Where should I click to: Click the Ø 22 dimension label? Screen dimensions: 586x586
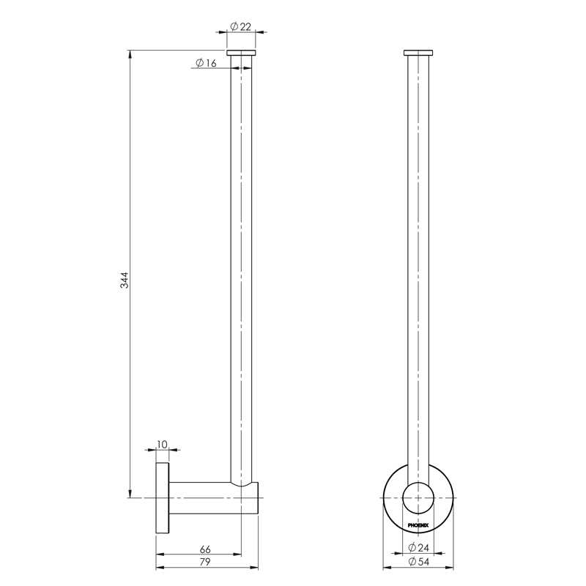click(x=240, y=26)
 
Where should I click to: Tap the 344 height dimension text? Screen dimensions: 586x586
click(x=125, y=280)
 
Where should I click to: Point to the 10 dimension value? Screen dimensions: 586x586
click(x=163, y=445)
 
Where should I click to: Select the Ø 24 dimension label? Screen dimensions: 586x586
click(x=418, y=549)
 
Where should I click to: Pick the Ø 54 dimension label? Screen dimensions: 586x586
click(x=418, y=563)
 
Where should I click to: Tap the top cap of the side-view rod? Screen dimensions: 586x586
click(x=241, y=53)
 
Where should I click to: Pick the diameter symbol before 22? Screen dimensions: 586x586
click(x=233, y=26)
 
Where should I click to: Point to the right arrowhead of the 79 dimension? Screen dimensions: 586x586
click(x=257, y=568)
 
